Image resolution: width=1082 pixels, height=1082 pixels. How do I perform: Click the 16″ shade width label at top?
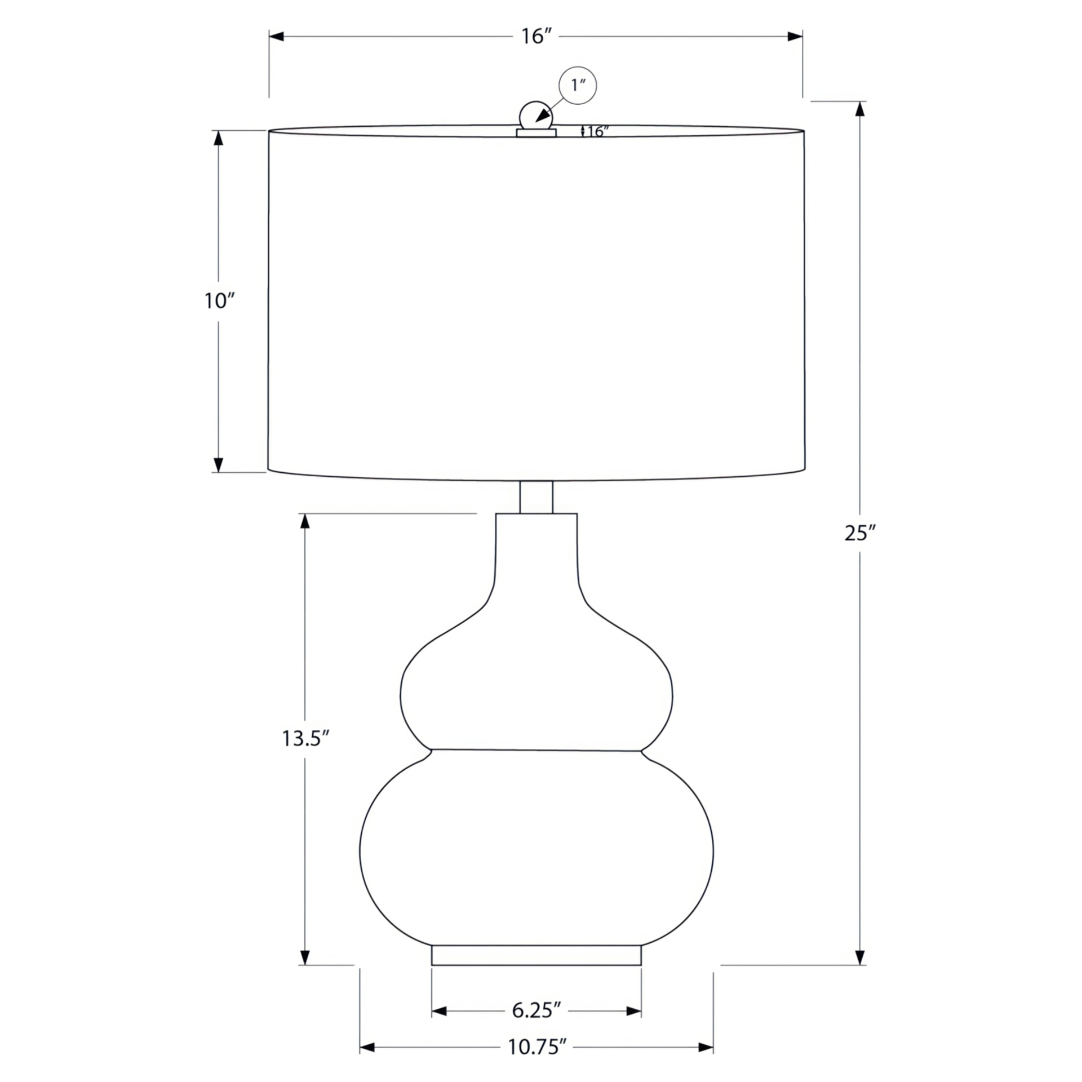tap(535, 37)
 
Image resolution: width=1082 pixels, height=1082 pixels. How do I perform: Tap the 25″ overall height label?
tap(859, 533)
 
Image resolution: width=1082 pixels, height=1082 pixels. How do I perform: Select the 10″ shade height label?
tap(219, 301)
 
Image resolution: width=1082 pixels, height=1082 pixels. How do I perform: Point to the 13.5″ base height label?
tap(305, 738)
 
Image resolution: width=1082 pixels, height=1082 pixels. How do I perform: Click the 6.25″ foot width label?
tap(536, 1010)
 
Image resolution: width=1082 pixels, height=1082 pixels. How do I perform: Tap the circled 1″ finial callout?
tap(577, 86)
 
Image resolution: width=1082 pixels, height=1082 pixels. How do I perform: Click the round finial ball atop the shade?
tap(535, 116)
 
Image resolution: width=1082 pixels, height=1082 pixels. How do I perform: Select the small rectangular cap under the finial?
tap(536, 133)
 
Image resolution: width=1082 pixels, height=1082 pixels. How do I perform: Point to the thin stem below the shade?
tap(536, 497)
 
